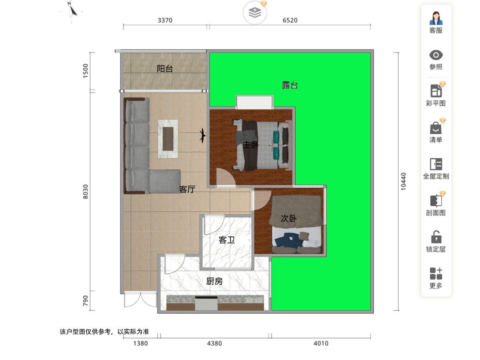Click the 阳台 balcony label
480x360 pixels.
tap(165, 69)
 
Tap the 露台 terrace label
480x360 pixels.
tap(290, 85)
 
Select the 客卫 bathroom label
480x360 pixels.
tap(227, 240)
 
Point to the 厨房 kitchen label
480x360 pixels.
tap(214, 281)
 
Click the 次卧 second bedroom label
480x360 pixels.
tap(289, 218)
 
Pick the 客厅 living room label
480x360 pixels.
tap(187, 189)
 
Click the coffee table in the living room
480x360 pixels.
tap(168, 139)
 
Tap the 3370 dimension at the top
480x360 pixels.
tap(165, 20)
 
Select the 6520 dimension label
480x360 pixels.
tap(290, 20)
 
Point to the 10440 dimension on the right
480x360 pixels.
tap(403, 182)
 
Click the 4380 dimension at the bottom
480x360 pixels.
tap(214, 343)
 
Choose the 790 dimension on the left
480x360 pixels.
tap(86, 300)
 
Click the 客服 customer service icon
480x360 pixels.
tap(436, 18)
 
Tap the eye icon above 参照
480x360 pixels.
tap(436, 55)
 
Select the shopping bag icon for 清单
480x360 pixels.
tap(436, 128)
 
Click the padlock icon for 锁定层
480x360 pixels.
tap(436, 237)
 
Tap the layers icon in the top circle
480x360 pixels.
tap(255, 12)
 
